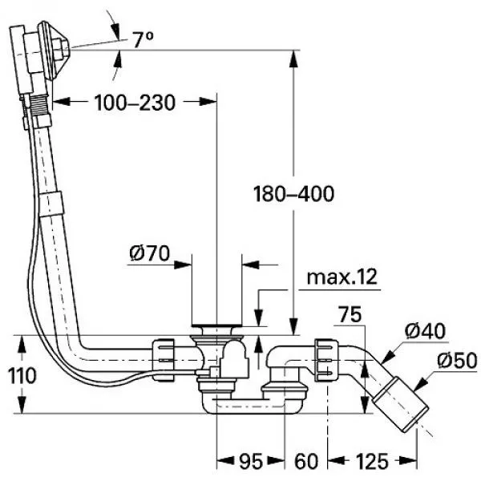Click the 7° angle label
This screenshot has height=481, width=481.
143,40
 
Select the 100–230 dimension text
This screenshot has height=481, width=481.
135,103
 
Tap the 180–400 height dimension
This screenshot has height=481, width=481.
294,194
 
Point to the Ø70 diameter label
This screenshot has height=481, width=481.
149,253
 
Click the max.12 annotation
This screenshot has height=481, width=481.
342,277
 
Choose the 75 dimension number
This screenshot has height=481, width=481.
350,314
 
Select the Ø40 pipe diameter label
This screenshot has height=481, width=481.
425,331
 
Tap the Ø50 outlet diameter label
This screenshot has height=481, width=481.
457,361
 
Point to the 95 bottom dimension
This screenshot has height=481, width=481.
251,461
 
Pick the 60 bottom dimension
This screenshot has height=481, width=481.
306,461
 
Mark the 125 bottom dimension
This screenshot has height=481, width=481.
372,461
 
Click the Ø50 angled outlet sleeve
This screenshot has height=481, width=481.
400,404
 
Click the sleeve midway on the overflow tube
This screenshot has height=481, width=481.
51,204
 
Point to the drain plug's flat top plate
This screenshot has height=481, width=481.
217,325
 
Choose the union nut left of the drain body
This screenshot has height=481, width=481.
163,360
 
